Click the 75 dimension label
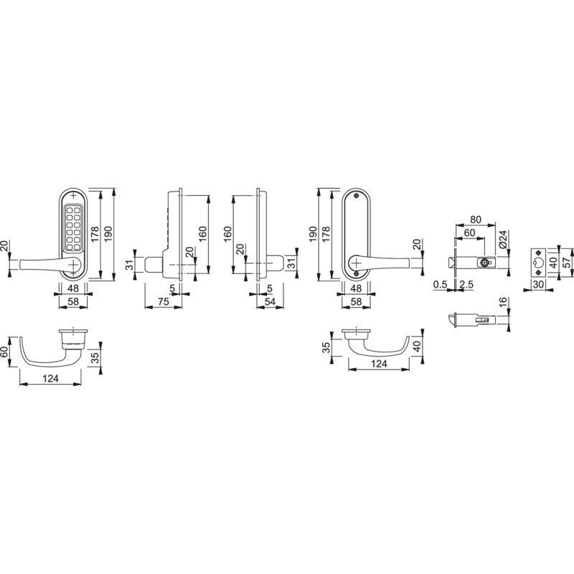click(x=164, y=301)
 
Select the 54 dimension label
click(x=270, y=301)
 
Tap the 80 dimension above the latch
click(x=475, y=220)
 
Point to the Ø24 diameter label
click(x=503, y=240)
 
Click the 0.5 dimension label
click(x=440, y=284)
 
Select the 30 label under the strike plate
click(x=538, y=284)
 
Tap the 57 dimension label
click(x=566, y=263)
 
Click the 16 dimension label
click(x=503, y=302)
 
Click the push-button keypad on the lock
click(x=73, y=229)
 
